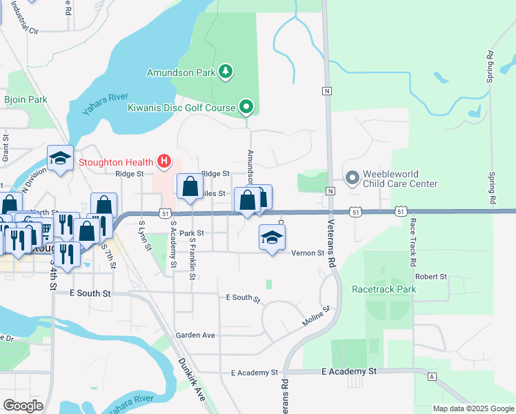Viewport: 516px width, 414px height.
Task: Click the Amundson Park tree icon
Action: (x=226, y=71)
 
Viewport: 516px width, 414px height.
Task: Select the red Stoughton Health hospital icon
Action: (x=164, y=162)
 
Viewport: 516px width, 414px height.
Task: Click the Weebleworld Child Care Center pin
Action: (x=353, y=179)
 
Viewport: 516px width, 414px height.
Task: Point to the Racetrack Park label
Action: (x=384, y=289)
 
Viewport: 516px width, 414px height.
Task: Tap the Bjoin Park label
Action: (x=26, y=99)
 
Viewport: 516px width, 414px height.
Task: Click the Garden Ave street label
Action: (x=195, y=335)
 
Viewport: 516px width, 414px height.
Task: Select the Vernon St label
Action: (x=308, y=253)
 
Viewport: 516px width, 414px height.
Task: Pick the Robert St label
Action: (x=432, y=276)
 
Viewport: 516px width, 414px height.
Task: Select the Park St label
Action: (x=191, y=233)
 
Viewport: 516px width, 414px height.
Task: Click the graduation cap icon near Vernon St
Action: (x=272, y=238)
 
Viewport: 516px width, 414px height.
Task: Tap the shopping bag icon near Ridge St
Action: (x=190, y=187)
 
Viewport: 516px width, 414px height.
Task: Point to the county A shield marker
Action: (x=432, y=377)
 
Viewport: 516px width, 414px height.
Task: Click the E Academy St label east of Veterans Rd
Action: (x=349, y=371)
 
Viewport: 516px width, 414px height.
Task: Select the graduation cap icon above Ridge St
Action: (x=60, y=159)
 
